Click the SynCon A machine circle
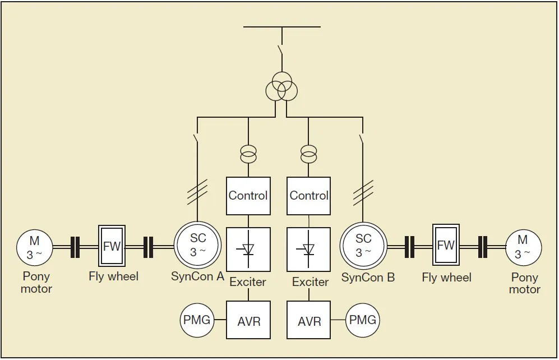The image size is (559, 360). pos(197,246)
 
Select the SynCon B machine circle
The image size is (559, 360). pos(363,246)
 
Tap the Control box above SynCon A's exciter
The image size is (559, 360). pos(248,196)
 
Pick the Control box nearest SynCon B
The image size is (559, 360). pos(309,196)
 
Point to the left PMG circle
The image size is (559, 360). pos(197,320)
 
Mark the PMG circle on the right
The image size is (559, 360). pos(362,320)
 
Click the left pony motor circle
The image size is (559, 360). pos(35,247)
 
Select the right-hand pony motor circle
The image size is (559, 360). pos(524,247)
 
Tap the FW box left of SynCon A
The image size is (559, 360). pos(112,246)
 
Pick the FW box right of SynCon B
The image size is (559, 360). pos(446,245)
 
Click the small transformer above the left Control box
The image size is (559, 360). pos(248,153)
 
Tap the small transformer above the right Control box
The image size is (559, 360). pos(309,153)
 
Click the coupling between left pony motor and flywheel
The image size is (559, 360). pos(75,247)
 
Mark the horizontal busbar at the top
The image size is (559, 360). pos(282,26)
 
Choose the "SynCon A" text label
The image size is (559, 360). pos(197,276)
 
